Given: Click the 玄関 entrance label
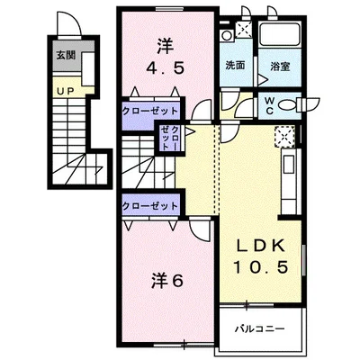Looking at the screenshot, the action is pos(66,55).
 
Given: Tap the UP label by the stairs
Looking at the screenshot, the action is pos(66,91).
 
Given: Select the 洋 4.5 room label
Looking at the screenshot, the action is pos(165,57).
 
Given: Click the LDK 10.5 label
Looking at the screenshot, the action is pos(261,256).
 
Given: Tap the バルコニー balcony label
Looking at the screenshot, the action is pos(259,329).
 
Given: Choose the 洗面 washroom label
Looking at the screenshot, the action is pos(236,66).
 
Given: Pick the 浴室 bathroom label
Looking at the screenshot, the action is pos(280,67).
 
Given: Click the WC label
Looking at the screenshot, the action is pos(269,106).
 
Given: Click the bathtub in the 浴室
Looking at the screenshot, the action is pos(280,34).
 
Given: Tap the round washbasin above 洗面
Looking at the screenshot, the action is pos(226,36).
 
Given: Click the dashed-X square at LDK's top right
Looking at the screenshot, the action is pos(284,137).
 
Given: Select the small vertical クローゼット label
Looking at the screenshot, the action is pos(170,139).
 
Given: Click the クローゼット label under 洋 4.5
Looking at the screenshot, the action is pos(150,112).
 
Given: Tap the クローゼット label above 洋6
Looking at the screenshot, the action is pos(150,206).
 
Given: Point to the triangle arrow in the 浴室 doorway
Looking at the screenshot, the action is pos(263,80).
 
